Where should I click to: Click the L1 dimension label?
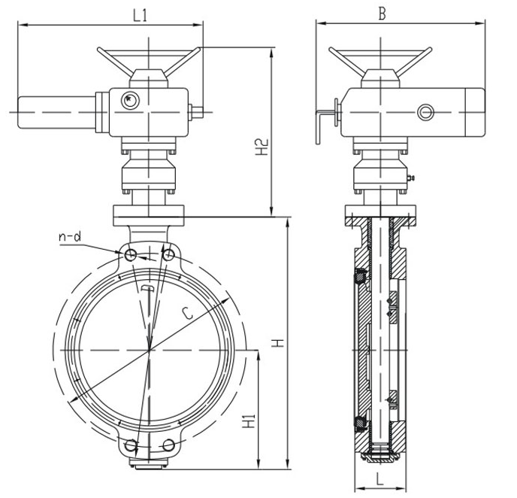click(139, 14)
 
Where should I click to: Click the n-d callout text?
click(69, 238)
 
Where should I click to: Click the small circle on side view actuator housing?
click(425, 113)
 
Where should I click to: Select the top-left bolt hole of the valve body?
click(131, 256)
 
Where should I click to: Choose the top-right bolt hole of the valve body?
click(168, 256)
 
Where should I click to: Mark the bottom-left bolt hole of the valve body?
click(132, 443)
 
